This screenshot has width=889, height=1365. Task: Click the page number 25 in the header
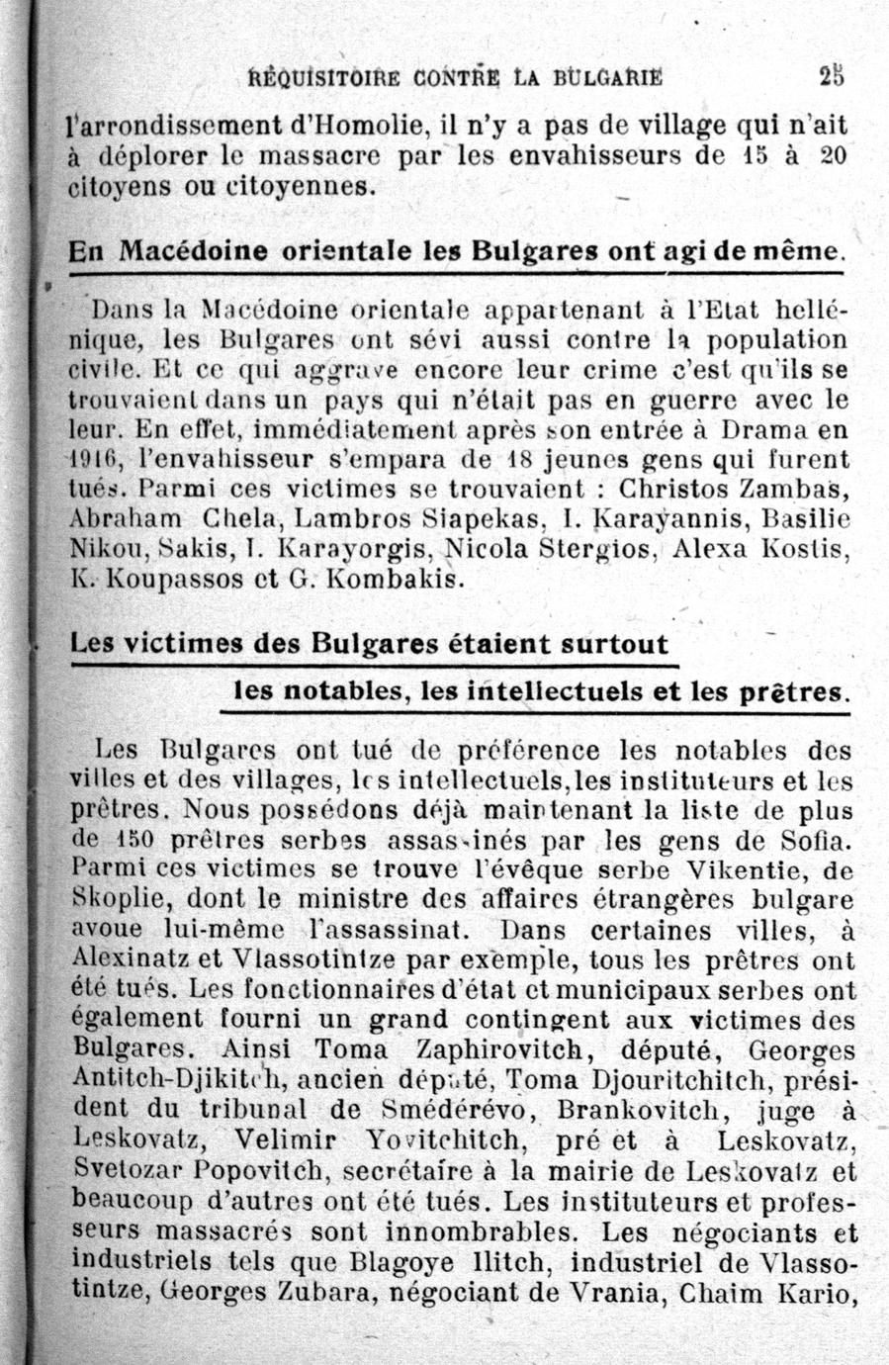point(832,76)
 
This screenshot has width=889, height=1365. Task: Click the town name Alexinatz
point(124,959)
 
